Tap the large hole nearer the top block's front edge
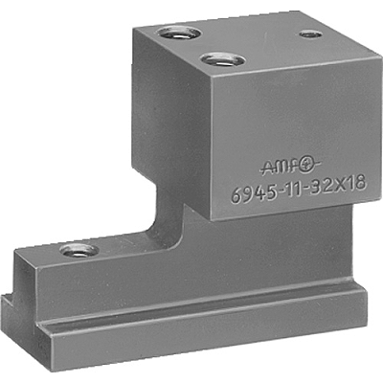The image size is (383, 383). (221, 61)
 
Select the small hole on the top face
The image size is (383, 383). (310, 34)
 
